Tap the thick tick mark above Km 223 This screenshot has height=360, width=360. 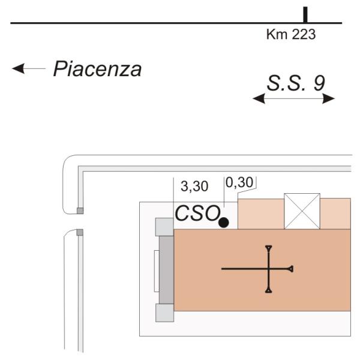(305, 15)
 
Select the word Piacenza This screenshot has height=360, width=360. (97, 69)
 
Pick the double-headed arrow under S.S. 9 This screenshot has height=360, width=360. (294, 99)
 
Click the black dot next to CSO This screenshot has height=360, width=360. (224, 223)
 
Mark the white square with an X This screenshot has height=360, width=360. (302, 211)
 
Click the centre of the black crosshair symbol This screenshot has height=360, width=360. (269, 269)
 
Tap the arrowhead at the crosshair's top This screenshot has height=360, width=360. (269, 247)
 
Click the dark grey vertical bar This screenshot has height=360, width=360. (166, 269)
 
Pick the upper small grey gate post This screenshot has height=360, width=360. (80, 211)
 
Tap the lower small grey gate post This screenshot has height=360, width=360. (80, 232)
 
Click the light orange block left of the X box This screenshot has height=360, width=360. (261, 214)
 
